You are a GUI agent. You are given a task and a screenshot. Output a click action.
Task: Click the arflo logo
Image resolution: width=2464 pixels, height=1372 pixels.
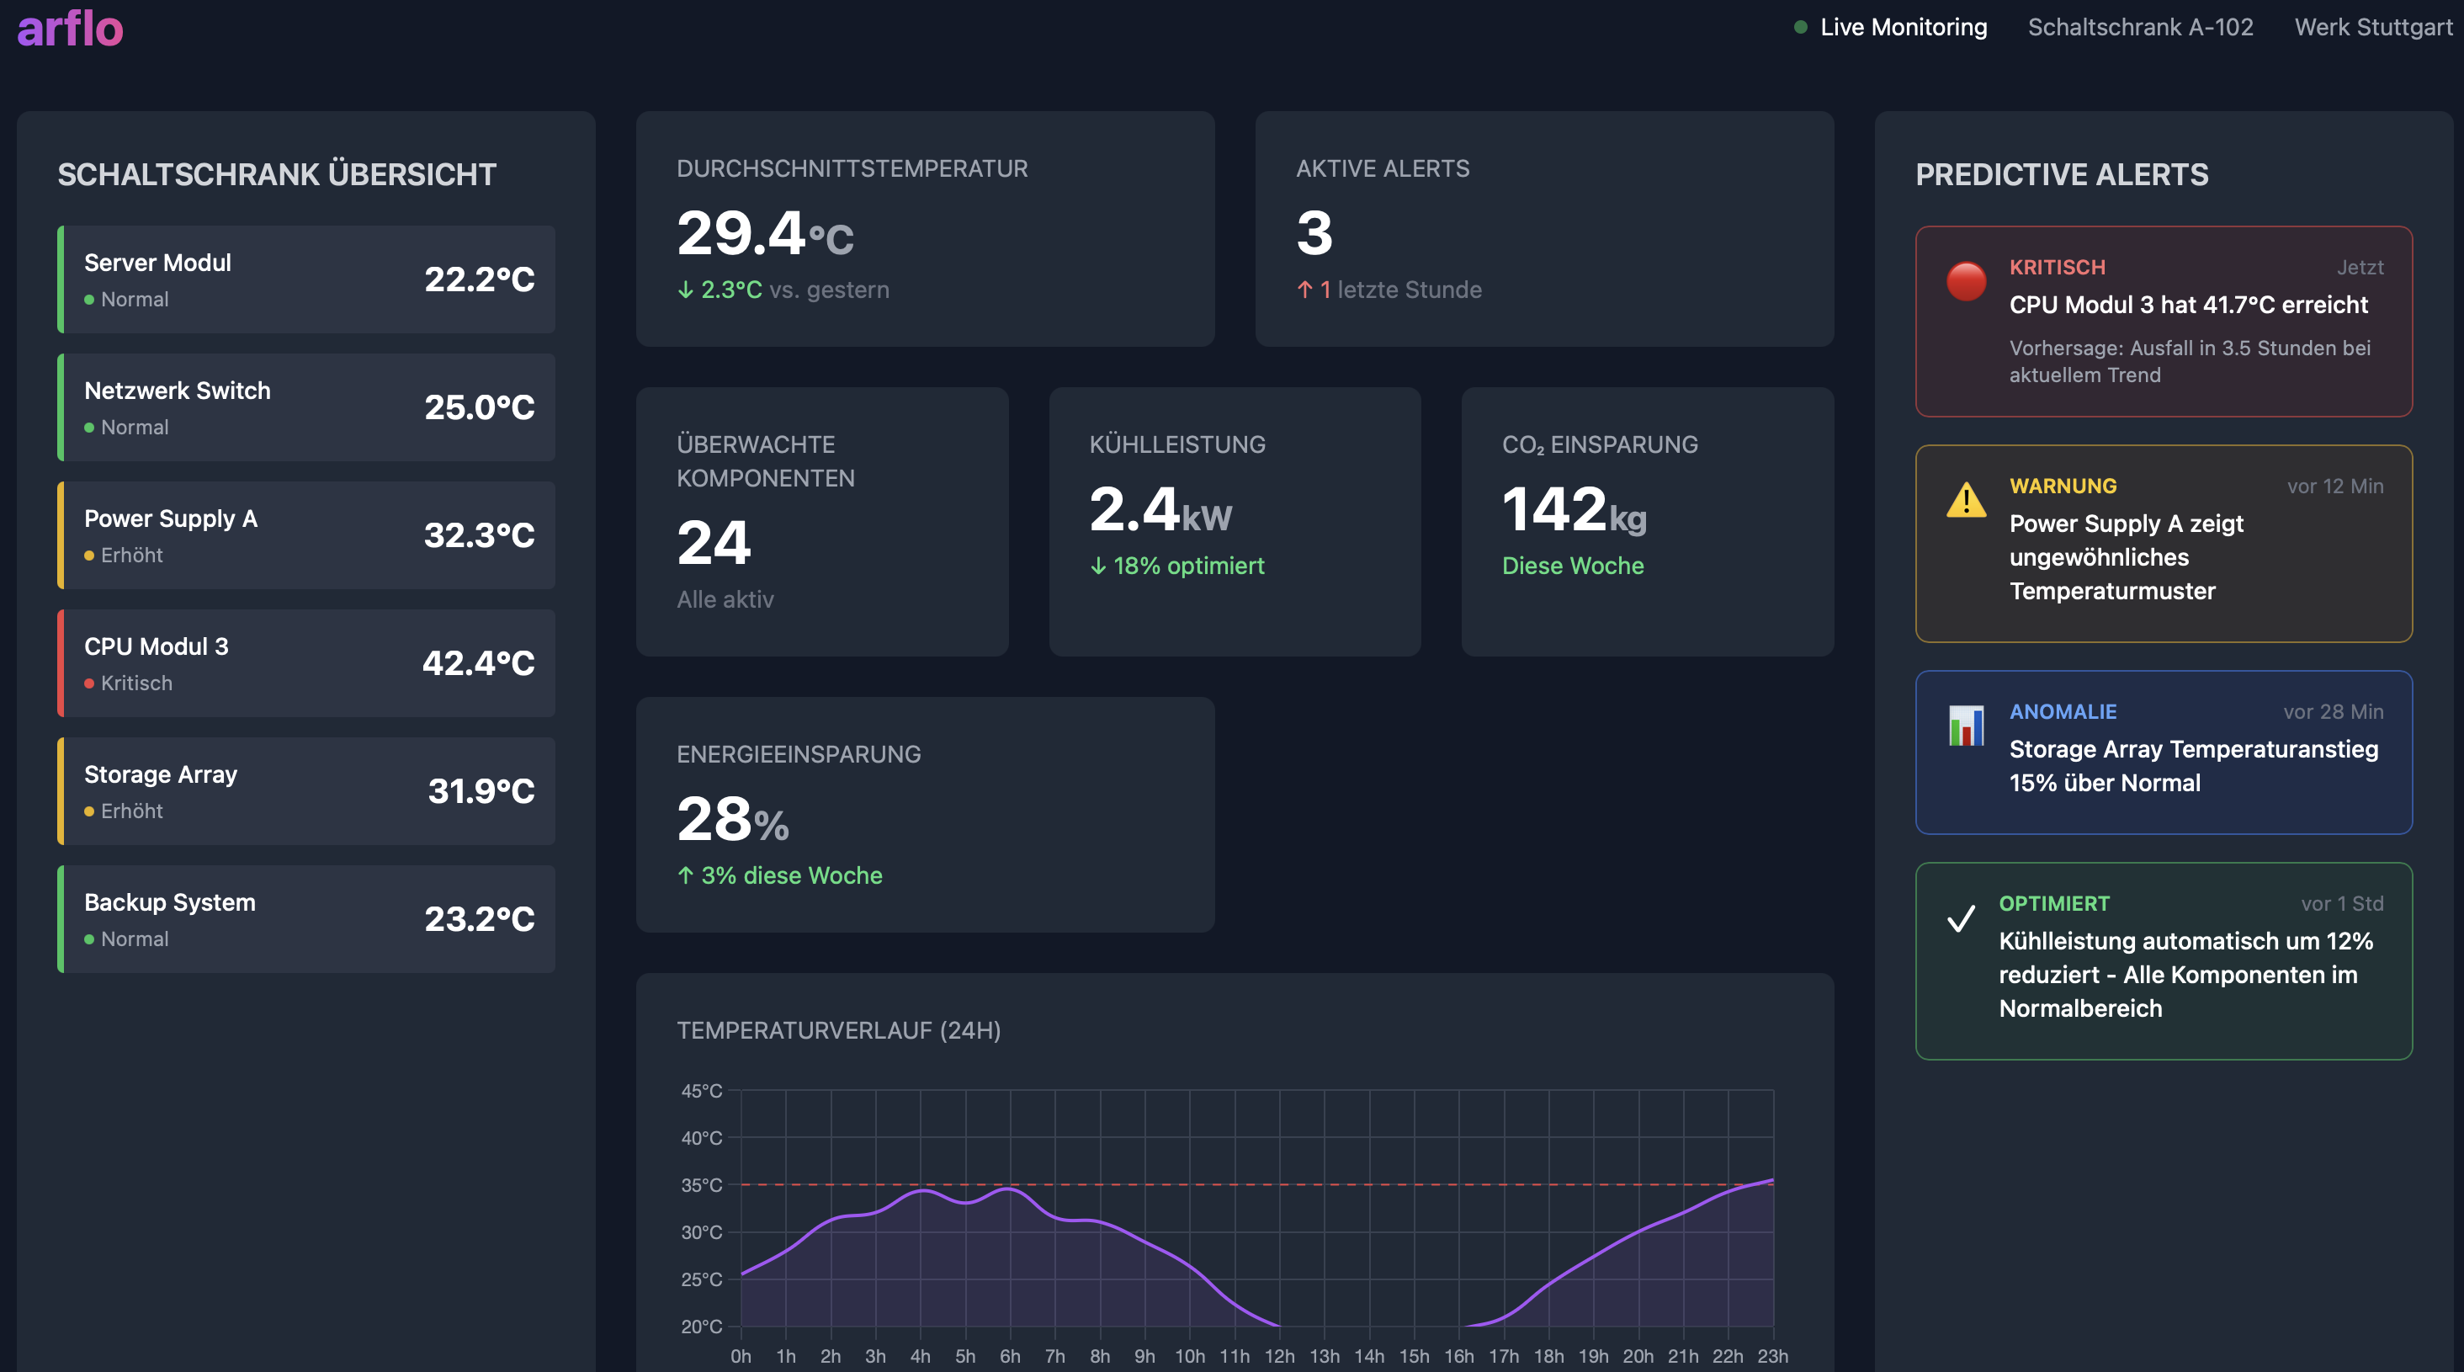(70, 29)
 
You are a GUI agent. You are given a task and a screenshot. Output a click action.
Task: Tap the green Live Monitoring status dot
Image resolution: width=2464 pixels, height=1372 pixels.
(1800, 27)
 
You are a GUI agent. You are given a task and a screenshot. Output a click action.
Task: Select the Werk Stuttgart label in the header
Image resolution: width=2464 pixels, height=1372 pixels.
(2372, 27)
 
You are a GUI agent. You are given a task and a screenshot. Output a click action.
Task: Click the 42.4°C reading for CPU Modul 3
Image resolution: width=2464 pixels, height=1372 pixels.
(478, 663)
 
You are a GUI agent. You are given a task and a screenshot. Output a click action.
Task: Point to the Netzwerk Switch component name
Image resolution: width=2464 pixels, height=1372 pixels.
(177, 391)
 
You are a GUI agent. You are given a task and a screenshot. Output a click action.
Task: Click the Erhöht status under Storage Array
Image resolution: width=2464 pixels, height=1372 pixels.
(131, 811)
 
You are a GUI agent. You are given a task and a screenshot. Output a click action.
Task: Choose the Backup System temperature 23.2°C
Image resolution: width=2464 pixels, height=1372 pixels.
(479, 918)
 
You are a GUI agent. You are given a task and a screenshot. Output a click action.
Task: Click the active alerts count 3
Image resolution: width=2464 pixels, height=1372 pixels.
(1314, 232)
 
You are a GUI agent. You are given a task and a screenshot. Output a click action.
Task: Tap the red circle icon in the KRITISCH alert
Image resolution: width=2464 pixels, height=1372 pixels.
(1966, 281)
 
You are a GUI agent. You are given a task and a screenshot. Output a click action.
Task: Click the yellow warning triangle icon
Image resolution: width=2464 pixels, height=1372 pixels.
(1966, 499)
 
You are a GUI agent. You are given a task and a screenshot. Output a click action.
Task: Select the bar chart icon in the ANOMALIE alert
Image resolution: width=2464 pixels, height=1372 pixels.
(1966, 726)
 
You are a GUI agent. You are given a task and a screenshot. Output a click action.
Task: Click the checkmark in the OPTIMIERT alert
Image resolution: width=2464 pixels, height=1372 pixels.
(1960, 918)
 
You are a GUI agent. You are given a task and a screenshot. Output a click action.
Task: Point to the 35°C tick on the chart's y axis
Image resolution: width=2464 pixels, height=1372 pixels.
(701, 1184)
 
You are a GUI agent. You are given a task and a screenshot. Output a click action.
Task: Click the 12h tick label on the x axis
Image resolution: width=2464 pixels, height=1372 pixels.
(1279, 1356)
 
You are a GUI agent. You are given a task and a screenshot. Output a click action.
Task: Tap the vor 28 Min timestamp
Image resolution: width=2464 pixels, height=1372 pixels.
(2332, 712)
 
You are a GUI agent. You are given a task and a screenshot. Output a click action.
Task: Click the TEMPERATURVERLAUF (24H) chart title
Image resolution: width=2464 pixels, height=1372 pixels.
(838, 1030)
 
